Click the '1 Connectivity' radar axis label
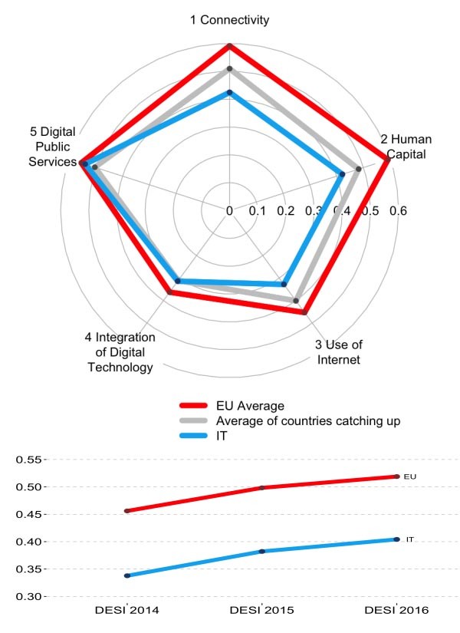(x=229, y=21)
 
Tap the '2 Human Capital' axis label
(x=406, y=146)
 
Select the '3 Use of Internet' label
(x=338, y=352)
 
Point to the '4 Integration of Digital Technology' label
(x=120, y=352)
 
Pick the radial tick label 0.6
(x=398, y=211)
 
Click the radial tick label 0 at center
(x=229, y=210)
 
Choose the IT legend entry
(x=222, y=436)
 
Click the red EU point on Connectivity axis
(x=229, y=46)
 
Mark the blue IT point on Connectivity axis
(x=229, y=93)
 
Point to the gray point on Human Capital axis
(x=358, y=168)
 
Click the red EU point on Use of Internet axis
(x=304, y=312)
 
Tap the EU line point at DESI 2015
(x=262, y=487)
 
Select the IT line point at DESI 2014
(x=127, y=575)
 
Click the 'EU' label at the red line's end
(x=409, y=477)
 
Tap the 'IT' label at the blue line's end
(x=409, y=540)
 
